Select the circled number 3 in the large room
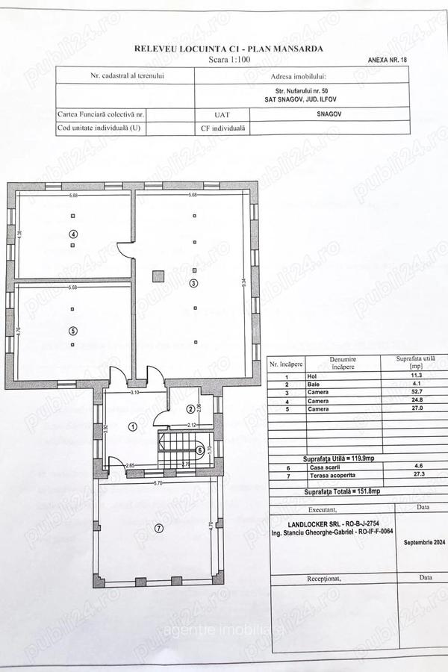[193, 283]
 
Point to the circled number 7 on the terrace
[158, 529]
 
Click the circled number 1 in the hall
[132, 427]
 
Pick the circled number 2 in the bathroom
[190, 409]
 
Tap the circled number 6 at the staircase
[199, 449]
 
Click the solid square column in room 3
[158, 276]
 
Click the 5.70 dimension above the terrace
[159, 484]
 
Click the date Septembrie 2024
[423, 543]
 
